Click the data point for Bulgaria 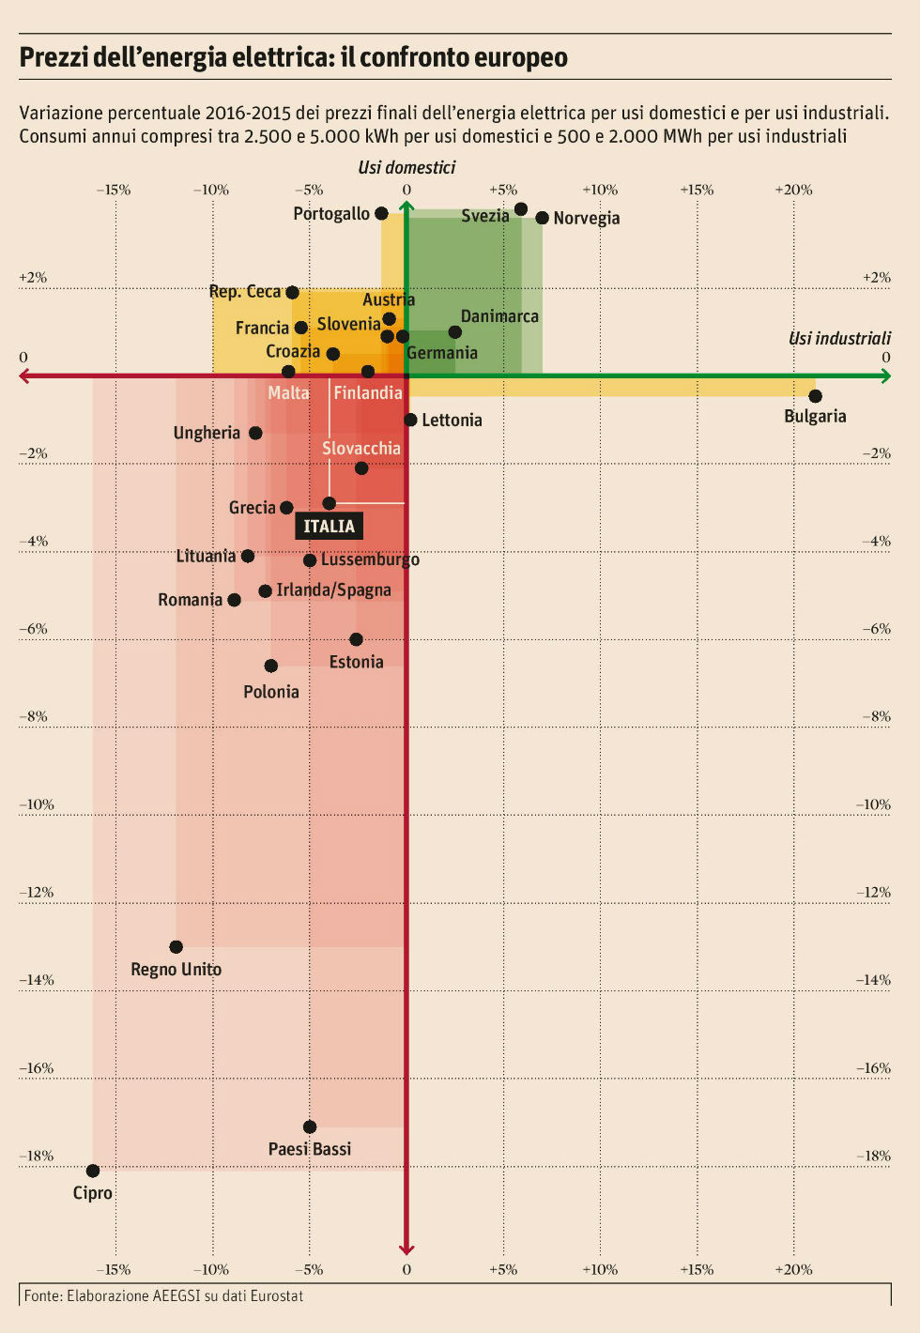(x=815, y=396)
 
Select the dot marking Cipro (x=93, y=1171)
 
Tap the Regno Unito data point (x=176, y=947)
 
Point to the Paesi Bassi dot (x=310, y=1126)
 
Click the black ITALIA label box (x=329, y=526)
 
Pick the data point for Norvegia (x=543, y=218)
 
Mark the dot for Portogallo (x=381, y=214)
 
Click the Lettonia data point (x=410, y=420)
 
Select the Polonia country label (x=271, y=692)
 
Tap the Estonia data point (x=356, y=639)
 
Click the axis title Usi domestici (x=406, y=167)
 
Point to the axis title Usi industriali (x=839, y=338)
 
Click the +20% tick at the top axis (x=793, y=190)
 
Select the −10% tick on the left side (x=37, y=804)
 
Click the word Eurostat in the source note (x=278, y=1295)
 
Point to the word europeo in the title (x=520, y=57)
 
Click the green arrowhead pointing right (x=885, y=376)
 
